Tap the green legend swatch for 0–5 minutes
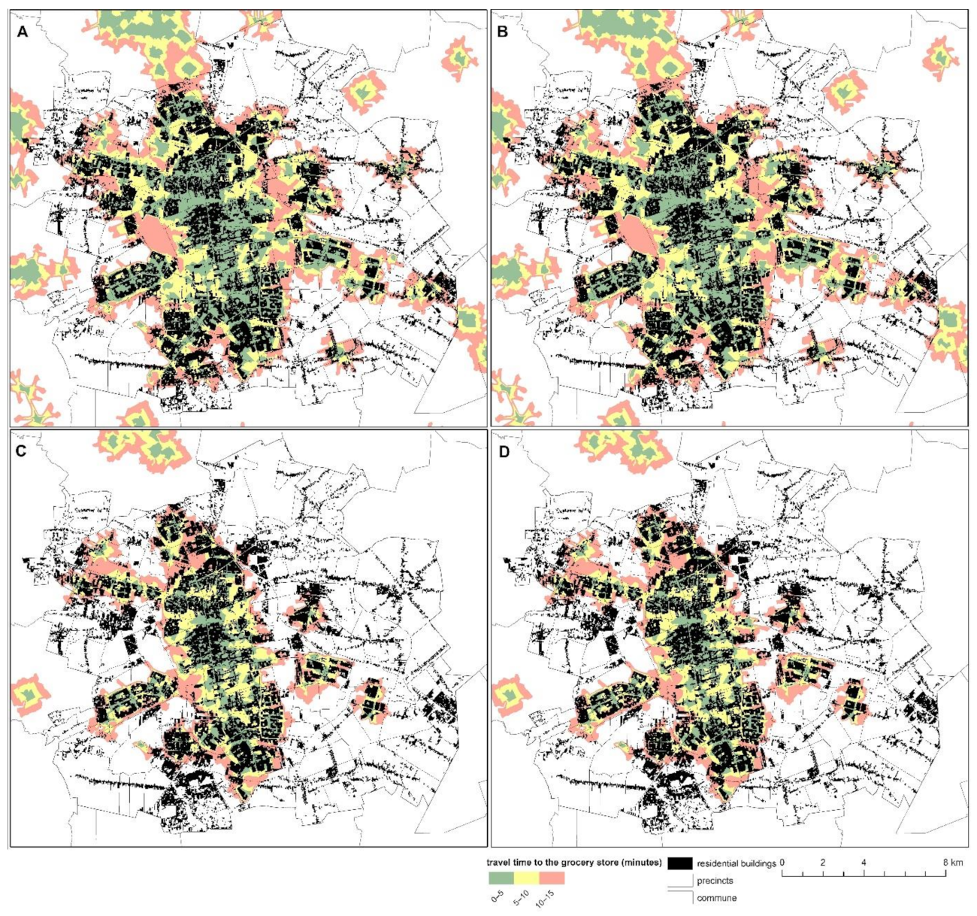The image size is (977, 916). tap(501, 877)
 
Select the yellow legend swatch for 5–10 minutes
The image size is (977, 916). tap(527, 877)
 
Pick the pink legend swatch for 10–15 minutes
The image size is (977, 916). tap(552, 877)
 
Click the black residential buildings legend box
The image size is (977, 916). tap(679, 863)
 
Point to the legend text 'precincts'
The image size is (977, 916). tap(715, 881)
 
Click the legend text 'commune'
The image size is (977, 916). tap(716, 898)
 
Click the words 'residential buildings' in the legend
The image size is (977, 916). tap(736, 863)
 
